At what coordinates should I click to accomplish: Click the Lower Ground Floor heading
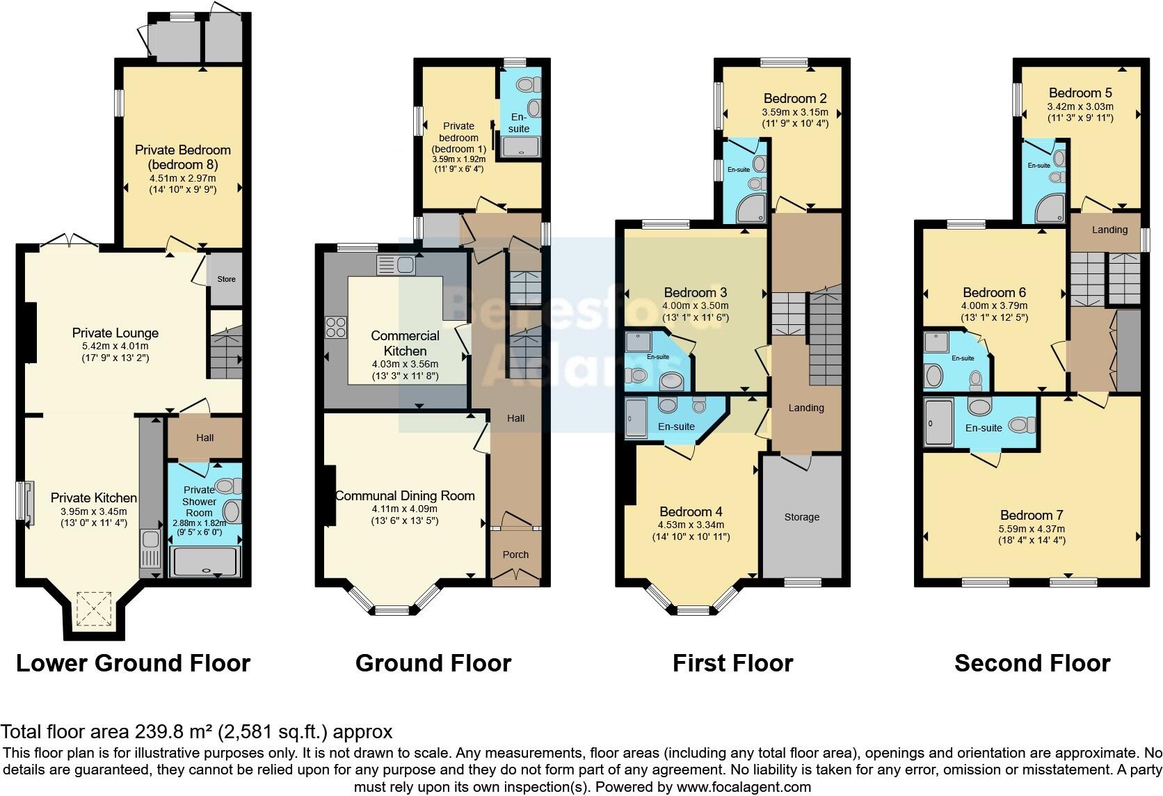pyautogui.click(x=133, y=663)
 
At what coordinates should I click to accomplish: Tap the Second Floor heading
pyautogui.click(x=1032, y=663)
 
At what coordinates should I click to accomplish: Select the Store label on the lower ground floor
pyautogui.click(x=227, y=279)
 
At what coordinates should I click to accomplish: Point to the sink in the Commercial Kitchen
pyautogui.click(x=396, y=264)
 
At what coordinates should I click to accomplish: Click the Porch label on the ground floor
pyautogui.click(x=515, y=555)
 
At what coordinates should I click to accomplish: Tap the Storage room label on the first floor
pyautogui.click(x=801, y=517)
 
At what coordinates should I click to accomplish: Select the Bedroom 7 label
pyautogui.click(x=1032, y=515)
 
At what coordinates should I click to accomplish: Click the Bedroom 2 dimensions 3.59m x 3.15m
pyautogui.click(x=795, y=112)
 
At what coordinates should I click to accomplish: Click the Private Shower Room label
pyautogui.click(x=200, y=501)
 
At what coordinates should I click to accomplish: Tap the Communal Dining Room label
pyautogui.click(x=405, y=496)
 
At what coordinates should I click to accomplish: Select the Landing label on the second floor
pyautogui.click(x=1109, y=230)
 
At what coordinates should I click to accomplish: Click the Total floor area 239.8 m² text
pyautogui.click(x=197, y=732)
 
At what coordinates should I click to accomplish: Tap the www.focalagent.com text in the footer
pyautogui.click(x=744, y=787)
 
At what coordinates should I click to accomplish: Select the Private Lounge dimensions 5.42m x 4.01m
pyautogui.click(x=115, y=346)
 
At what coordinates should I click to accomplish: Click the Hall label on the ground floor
pyautogui.click(x=515, y=418)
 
